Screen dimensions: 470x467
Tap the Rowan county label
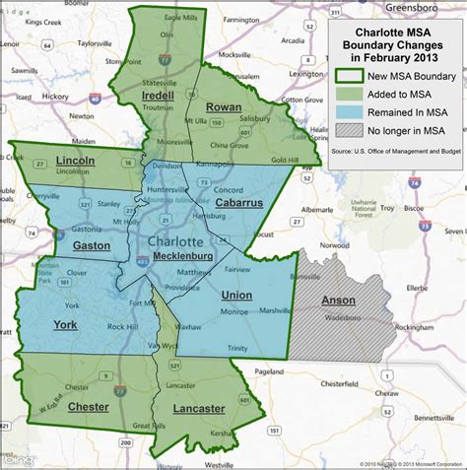click(x=225, y=105)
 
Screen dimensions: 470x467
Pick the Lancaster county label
click(x=197, y=408)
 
